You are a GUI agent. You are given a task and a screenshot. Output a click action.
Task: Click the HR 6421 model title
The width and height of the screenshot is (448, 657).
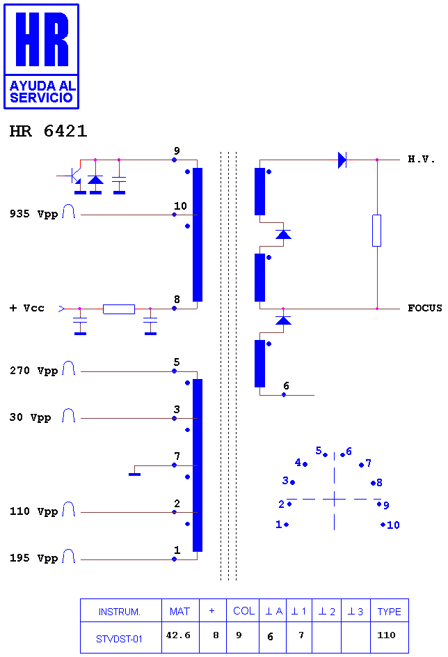coord(48,131)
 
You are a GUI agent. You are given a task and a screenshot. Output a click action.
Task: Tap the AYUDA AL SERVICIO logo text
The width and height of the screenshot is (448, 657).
coord(42,92)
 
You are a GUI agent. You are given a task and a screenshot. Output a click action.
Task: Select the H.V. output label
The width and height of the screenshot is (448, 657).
coord(422,160)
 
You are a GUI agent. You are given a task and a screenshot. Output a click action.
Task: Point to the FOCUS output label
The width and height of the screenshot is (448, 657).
coord(424,309)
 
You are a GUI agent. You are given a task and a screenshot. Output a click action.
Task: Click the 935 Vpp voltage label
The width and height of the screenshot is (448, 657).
coord(33,214)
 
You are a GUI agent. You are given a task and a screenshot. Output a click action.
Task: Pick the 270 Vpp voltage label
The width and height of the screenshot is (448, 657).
coord(33,371)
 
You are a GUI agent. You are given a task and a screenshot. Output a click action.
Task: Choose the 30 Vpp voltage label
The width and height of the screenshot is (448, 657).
coord(30,417)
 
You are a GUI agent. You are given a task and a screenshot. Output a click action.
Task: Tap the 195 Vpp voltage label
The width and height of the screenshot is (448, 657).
coord(33,558)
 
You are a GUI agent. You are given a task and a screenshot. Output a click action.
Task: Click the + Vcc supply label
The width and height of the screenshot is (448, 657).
coord(26,309)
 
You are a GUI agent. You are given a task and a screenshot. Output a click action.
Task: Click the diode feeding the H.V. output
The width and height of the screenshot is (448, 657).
coord(342,160)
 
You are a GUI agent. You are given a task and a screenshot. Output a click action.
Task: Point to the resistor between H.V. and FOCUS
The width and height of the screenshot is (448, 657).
coord(377,231)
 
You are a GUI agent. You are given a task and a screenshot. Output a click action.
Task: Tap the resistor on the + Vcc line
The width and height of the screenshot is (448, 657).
coord(119,309)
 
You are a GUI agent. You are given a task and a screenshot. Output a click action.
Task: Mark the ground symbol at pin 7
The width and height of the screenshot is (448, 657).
coord(135,474)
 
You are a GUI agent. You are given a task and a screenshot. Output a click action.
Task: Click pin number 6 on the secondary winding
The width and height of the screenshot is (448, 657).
coord(286,385)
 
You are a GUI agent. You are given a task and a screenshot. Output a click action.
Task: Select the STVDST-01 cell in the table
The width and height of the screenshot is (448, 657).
coord(119,639)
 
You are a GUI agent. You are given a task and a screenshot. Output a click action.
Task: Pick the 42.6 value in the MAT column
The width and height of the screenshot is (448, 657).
coord(178,635)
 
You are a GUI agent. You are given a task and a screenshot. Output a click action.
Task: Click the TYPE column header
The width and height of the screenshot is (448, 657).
coord(389,612)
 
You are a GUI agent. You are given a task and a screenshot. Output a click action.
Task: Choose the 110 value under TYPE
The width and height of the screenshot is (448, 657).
coord(387,635)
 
